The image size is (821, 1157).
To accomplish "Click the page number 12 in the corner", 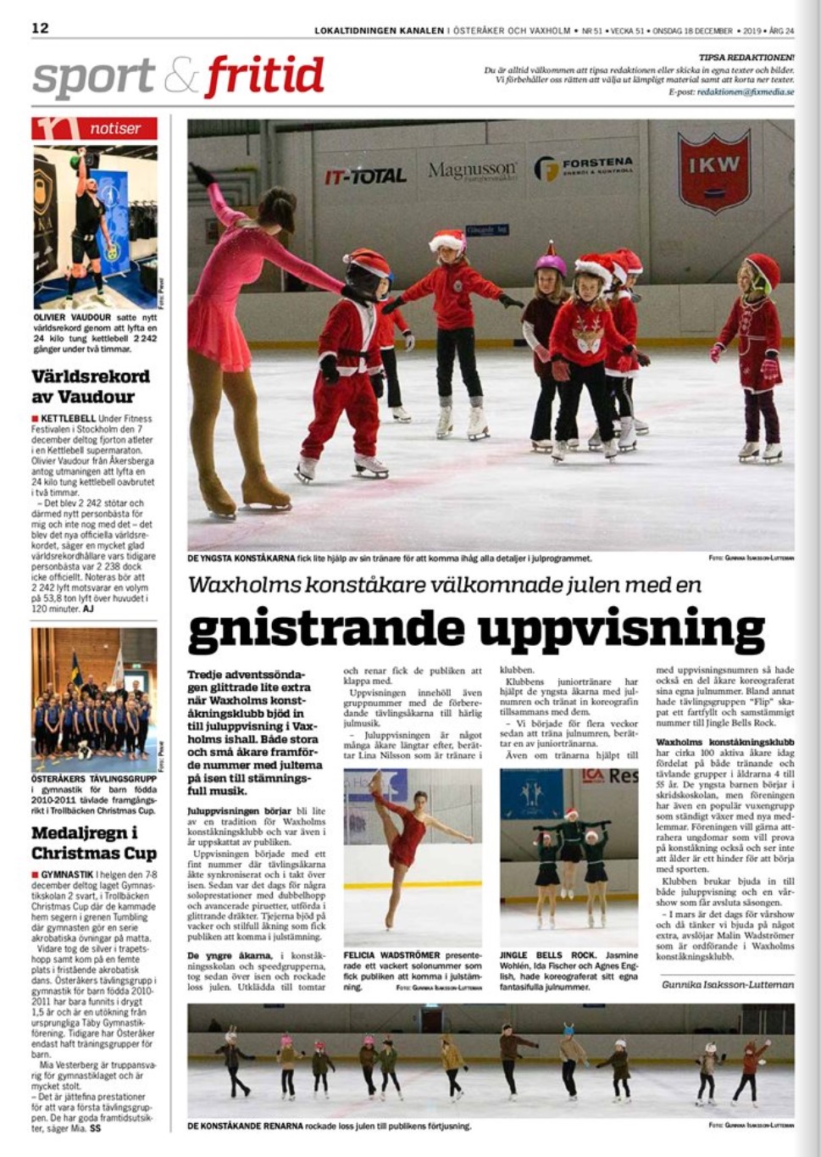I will click(x=40, y=28).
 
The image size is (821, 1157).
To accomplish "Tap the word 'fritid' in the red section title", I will click(x=264, y=77).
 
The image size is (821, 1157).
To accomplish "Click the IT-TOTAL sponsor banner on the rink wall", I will click(x=365, y=176).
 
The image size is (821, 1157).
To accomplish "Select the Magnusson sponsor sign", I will click(x=472, y=172).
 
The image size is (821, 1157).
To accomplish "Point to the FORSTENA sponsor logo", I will click(x=585, y=168).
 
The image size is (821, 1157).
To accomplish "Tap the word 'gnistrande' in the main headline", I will click(x=327, y=629).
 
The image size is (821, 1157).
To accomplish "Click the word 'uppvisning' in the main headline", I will click(x=621, y=629).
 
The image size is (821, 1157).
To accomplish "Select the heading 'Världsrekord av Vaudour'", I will click(x=90, y=386).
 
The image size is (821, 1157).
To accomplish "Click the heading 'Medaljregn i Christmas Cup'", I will click(x=84, y=843).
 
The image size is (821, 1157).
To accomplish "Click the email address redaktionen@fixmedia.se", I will click(x=745, y=92).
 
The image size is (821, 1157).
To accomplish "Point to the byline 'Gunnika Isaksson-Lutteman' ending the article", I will click(x=728, y=984).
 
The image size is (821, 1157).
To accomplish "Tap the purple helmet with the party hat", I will click(x=550, y=262).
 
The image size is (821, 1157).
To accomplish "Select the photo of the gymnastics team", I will click(x=94, y=699).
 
